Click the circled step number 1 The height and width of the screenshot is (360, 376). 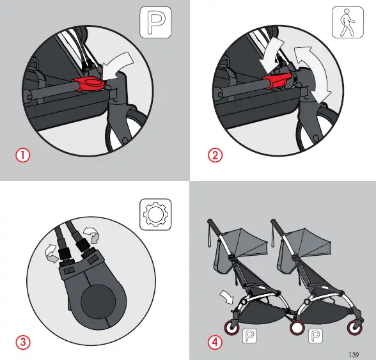tap(23, 155)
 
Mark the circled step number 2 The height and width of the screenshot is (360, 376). tap(215, 155)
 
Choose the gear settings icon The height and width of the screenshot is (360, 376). tap(155, 214)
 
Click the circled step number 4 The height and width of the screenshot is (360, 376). tap(215, 341)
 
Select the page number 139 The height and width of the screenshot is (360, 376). tap(352, 353)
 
